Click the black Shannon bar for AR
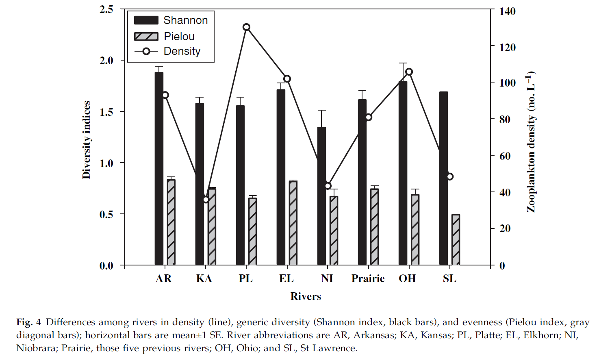click(159, 169)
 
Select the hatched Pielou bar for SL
click(456, 240)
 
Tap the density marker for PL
click(246, 27)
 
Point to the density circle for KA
click(206, 200)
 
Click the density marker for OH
click(409, 72)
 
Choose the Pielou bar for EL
click(293, 223)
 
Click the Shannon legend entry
click(185, 20)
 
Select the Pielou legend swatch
click(146, 37)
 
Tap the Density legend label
click(182, 51)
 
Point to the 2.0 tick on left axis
click(106, 61)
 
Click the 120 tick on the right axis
click(507, 48)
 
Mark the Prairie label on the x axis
click(368, 278)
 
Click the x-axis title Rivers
click(306, 296)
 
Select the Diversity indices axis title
click(86, 140)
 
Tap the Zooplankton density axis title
click(531, 142)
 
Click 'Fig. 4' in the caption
click(28, 322)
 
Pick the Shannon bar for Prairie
click(362, 183)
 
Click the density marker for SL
click(449, 176)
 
